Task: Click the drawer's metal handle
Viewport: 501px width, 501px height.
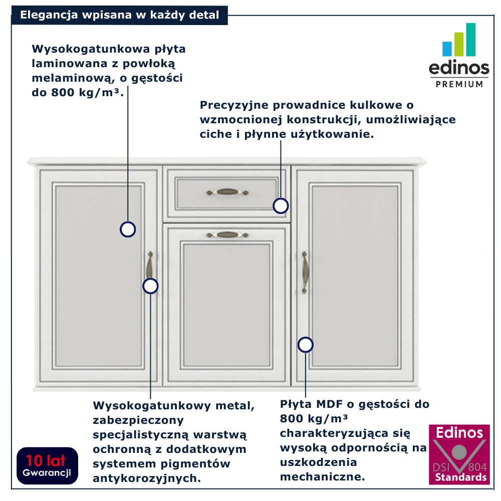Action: (227, 192)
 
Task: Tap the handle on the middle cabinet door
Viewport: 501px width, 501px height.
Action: (227, 234)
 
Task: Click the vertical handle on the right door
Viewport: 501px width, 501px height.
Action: (305, 272)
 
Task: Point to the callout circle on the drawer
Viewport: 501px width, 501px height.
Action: (281, 206)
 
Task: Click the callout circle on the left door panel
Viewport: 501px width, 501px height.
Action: (128, 229)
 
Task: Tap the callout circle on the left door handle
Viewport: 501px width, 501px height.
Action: (150, 286)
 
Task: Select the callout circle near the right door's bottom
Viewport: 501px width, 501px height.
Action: (305, 345)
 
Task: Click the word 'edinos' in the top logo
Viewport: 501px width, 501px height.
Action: (459, 68)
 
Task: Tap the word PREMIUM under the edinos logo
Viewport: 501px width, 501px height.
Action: (459, 84)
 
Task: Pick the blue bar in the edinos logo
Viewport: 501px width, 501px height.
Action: (447, 49)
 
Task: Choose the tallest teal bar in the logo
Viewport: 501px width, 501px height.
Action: (470, 40)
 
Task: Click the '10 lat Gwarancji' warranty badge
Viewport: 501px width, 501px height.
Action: (47, 465)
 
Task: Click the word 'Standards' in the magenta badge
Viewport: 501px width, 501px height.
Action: (459, 477)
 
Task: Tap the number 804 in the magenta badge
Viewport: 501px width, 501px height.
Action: (477, 466)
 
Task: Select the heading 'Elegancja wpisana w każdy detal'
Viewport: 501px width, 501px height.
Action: (119, 15)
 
